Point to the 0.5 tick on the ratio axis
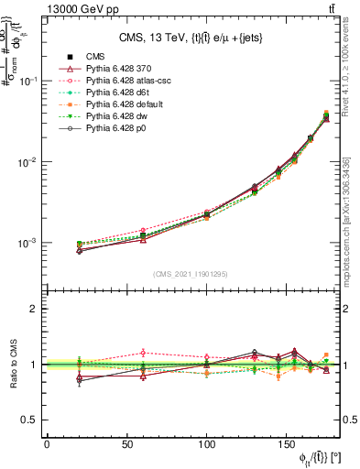coord(31,420)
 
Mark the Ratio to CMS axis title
coord(12,364)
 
